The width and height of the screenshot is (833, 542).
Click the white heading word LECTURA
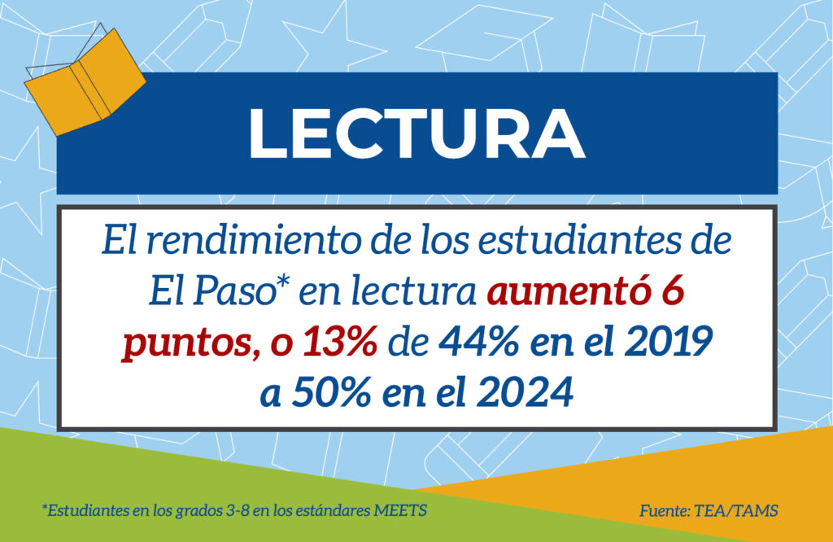click(x=416, y=133)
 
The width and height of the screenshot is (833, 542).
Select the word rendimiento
click(x=253, y=240)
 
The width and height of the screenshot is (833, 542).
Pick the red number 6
click(x=673, y=291)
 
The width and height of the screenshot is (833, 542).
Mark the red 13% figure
click(x=340, y=341)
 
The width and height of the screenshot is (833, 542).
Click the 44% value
click(x=478, y=341)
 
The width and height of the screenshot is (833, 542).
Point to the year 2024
click(x=525, y=392)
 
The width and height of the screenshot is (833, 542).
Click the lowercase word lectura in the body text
click(x=413, y=291)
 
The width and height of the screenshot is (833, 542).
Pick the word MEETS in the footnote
click(x=400, y=510)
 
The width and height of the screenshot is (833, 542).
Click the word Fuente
click(x=664, y=510)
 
